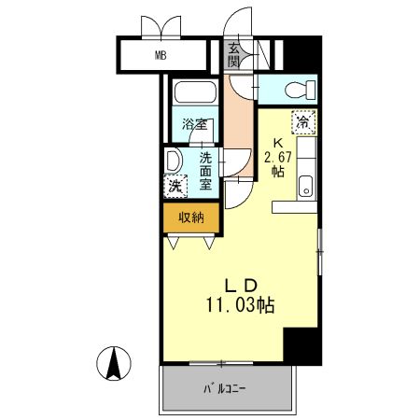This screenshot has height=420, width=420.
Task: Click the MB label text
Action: coord(161,55)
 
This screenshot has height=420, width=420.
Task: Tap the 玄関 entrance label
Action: coord(233,55)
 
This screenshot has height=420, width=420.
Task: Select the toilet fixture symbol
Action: coord(300,89)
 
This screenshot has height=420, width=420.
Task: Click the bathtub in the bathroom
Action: coord(195,91)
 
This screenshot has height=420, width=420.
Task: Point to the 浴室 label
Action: coord(195,124)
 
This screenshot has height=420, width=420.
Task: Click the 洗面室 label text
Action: coord(205,171)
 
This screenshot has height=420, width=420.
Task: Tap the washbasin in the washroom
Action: coord(173,161)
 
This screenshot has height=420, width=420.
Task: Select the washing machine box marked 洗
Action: coord(175,186)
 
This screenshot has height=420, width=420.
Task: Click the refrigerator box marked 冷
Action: coord(303,122)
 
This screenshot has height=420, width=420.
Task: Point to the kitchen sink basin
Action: coord(305,186)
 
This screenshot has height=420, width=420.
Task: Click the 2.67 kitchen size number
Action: coord(278,157)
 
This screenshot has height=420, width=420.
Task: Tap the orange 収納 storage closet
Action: coord(191,217)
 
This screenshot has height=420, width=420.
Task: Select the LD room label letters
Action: coord(241,286)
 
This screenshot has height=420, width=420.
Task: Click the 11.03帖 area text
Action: coord(240,305)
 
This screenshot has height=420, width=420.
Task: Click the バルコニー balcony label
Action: coord(225,389)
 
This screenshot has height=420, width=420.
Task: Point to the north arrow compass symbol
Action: coord(114,363)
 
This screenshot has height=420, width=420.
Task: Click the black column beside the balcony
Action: coord(302,346)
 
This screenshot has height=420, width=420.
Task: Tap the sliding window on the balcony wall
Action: coord(221,363)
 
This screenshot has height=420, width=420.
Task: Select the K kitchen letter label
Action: coord(277,144)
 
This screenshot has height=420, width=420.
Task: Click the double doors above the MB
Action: coord(161,27)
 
